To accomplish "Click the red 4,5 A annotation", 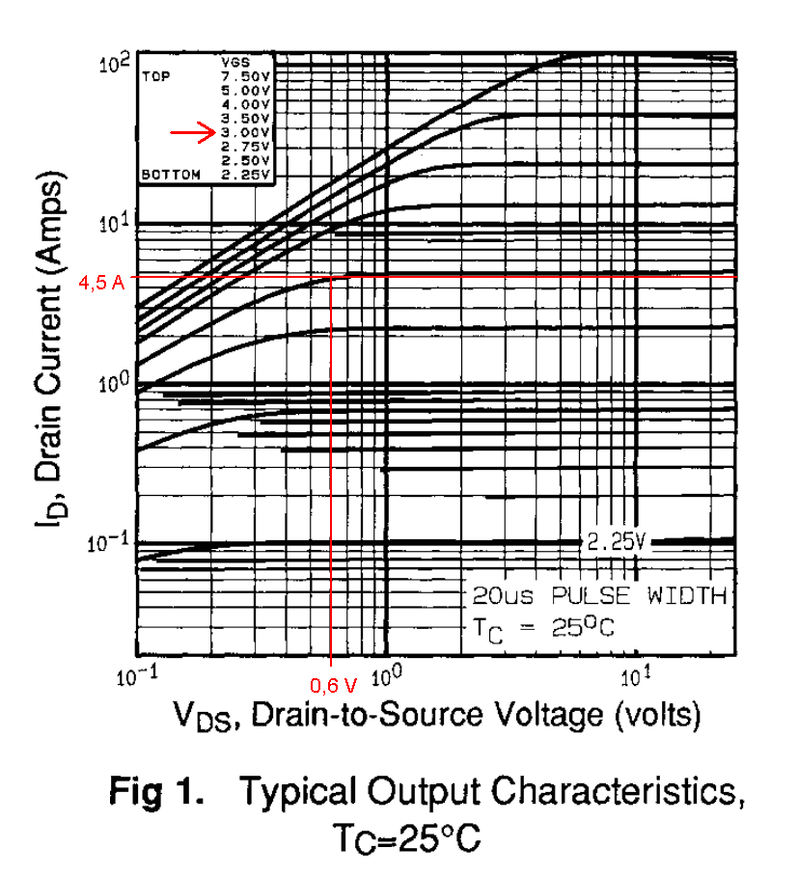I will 100,283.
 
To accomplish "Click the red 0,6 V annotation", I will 333,686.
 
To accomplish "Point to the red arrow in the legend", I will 192,133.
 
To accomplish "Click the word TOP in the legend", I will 155,76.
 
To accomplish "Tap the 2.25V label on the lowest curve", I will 614,541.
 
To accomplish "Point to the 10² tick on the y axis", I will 115,66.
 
